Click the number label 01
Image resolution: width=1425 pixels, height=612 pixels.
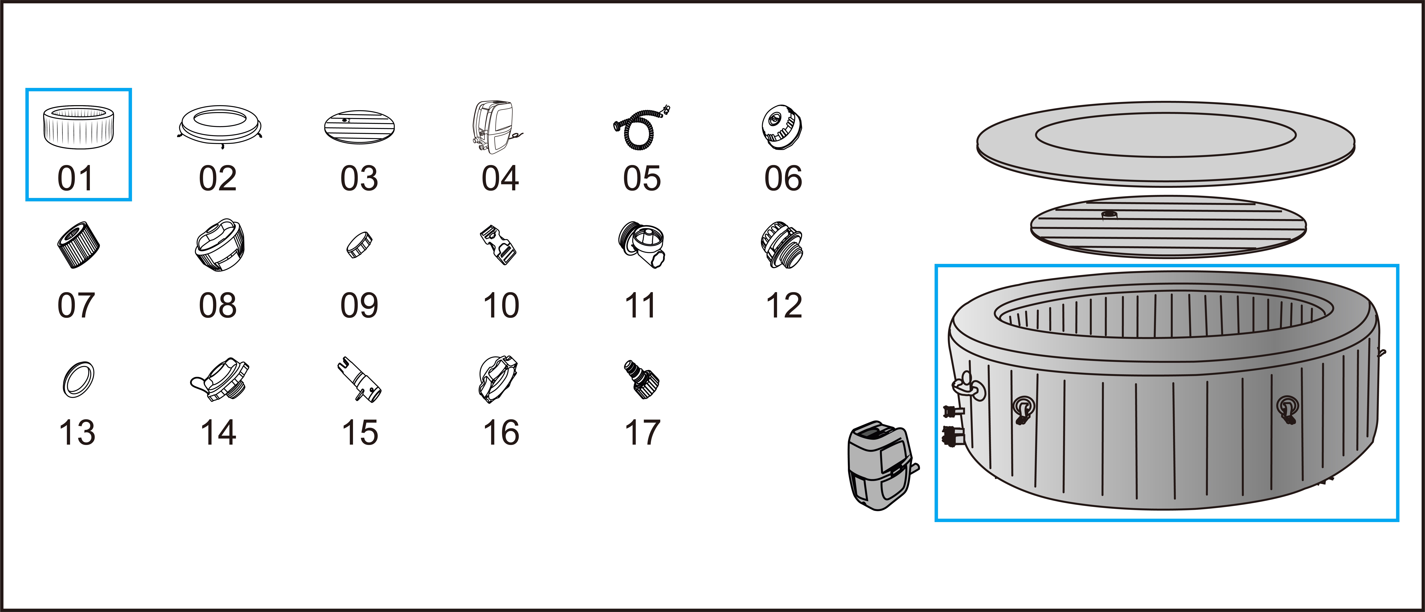tap(76, 179)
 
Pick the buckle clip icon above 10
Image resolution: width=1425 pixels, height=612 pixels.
tap(498, 246)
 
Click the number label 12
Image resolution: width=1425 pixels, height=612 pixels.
tap(783, 306)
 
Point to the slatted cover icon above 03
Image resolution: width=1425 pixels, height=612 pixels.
tap(359, 128)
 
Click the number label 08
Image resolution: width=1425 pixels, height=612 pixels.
tap(217, 306)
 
